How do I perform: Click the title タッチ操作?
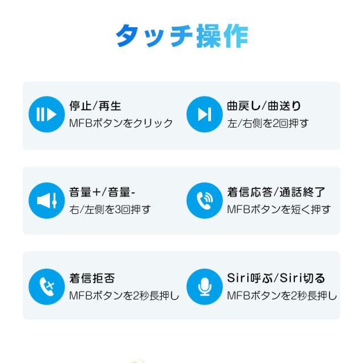point(181,36)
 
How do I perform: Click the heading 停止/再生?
point(95,106)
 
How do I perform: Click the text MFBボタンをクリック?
point(121,124)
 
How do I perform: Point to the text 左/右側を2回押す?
point(268,124)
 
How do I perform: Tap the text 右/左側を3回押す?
point(110,209)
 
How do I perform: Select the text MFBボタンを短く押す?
point(278,209)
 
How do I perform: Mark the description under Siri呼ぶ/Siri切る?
point(282,296)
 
